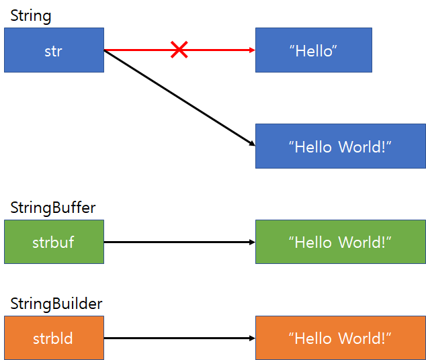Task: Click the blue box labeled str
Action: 54,50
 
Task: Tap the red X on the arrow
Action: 179,49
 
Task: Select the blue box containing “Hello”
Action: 313,50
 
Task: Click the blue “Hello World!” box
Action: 340,146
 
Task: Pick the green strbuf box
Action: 54,242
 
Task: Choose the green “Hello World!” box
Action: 340,242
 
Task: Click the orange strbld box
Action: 54,338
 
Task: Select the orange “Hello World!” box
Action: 340,338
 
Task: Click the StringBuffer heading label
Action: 53,208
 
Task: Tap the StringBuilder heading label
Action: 56,304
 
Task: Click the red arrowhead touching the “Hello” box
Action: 252,50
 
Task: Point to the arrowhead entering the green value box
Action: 252,242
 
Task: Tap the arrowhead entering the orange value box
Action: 252,338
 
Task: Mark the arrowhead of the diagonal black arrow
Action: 251,144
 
